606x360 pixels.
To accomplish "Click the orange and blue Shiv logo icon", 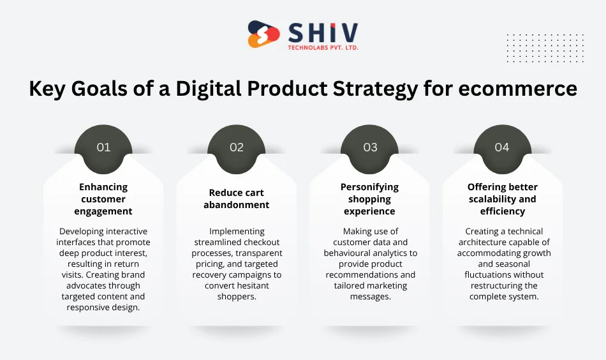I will click(263, 34).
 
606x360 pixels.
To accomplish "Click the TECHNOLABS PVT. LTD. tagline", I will click(323, 48).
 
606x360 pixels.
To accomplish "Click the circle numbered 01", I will click(103, 147).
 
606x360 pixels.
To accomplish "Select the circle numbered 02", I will click(237, 147).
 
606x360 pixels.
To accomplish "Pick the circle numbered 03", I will click(370, 147).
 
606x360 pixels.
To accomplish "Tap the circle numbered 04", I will click(502, 147).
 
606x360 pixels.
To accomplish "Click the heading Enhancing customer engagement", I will click(103, 199).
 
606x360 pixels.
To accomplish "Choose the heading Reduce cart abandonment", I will click(237, 199).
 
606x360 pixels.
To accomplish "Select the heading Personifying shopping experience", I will click(369, 199).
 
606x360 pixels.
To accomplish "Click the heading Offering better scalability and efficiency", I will click(503, 199).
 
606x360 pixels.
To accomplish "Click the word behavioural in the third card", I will click(352, 253).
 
